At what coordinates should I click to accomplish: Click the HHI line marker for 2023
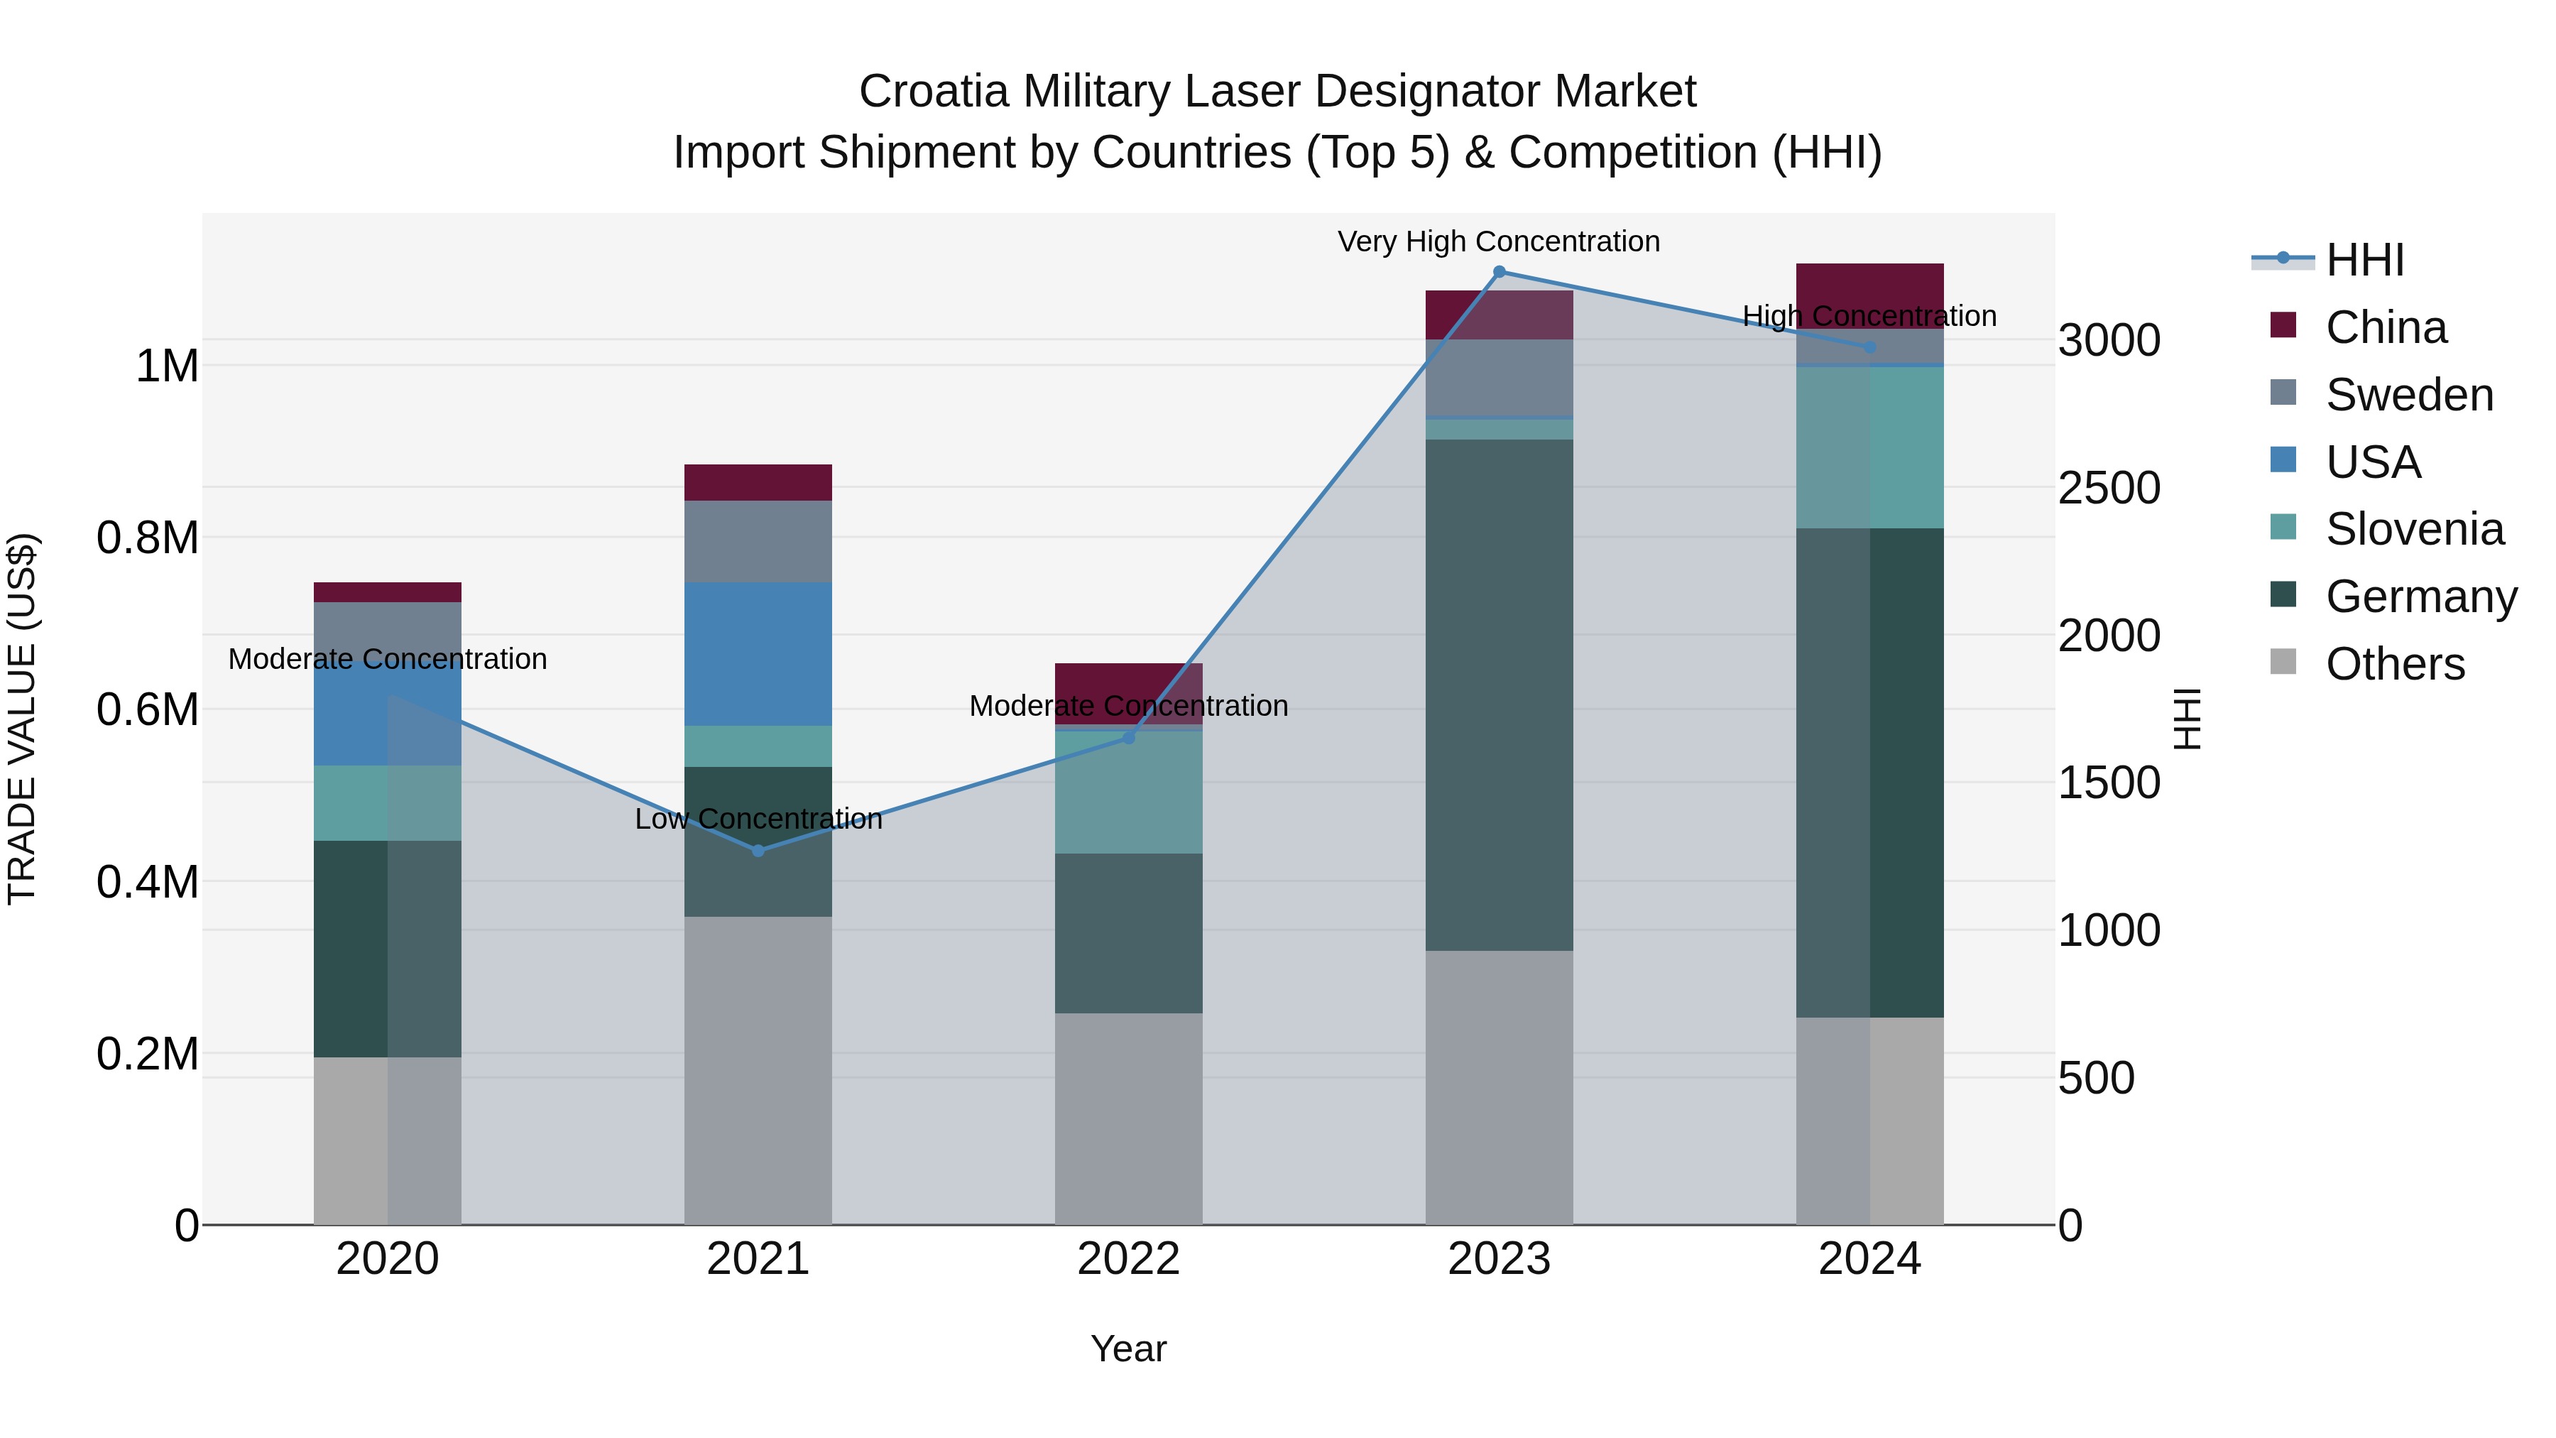pyautogui.click(x=1500, y=272)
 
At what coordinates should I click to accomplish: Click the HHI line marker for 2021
pyautogui.click(x=758, y=851)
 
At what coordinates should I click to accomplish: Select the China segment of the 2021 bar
pyautogui.click(x=758, y=482)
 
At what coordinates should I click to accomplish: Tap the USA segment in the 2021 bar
pyautogui.click(x=758, y=654)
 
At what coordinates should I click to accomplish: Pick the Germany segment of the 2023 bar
pyautogui.click(x=1500, y=695)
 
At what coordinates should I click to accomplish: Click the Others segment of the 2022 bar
pyautogui.click(x=1128, y=1118)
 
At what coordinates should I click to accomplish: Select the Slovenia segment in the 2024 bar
pyautogui.click(x=1869, y=447)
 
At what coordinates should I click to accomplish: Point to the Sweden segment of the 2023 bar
pyautogui.click(x=1500, y=377)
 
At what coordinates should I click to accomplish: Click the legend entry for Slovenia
pyautogui.click(x=2414, y=529)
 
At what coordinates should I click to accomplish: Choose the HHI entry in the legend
pyautogui.click(x=2364, y=260)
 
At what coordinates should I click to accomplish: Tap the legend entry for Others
pyautogui.click(x=2394, y=664)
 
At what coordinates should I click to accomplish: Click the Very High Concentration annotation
pyautogui.click(x=1498, y=241)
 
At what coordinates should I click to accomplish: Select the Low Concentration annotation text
pyautogui.click(x=758, y=819)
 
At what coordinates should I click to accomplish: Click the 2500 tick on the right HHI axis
pyautogui.click(x=2109, y=487)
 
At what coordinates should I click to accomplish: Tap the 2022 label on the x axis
pyautogui.click(x=1128, y=1259)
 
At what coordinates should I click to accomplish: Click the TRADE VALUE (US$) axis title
pyautogui.click(x=22, y=719)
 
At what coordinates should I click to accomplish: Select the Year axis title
pyautogui.click(x=1128, y=1349)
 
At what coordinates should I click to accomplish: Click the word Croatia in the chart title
pyautogui.click(x=934, y=92)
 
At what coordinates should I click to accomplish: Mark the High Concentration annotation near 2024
pyautogui.click(x=1869, y=315)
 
